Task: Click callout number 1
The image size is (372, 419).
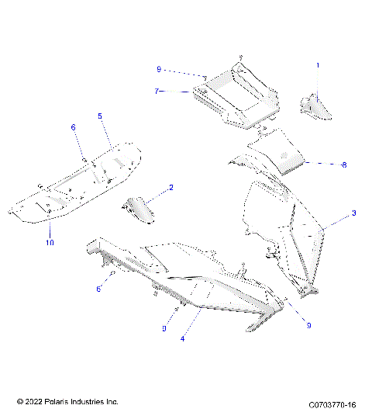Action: [x=317, y=67]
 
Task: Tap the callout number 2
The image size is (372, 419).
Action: [x=170, y=188]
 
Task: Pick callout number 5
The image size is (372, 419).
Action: [x=99, y=116]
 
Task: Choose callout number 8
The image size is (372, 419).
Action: [x=322, y=164]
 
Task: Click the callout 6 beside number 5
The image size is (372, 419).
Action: [x=74, y=126]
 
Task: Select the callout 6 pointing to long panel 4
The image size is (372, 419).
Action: [x=98, y=289]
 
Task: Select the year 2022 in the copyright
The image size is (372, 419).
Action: [x=33, y=402]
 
